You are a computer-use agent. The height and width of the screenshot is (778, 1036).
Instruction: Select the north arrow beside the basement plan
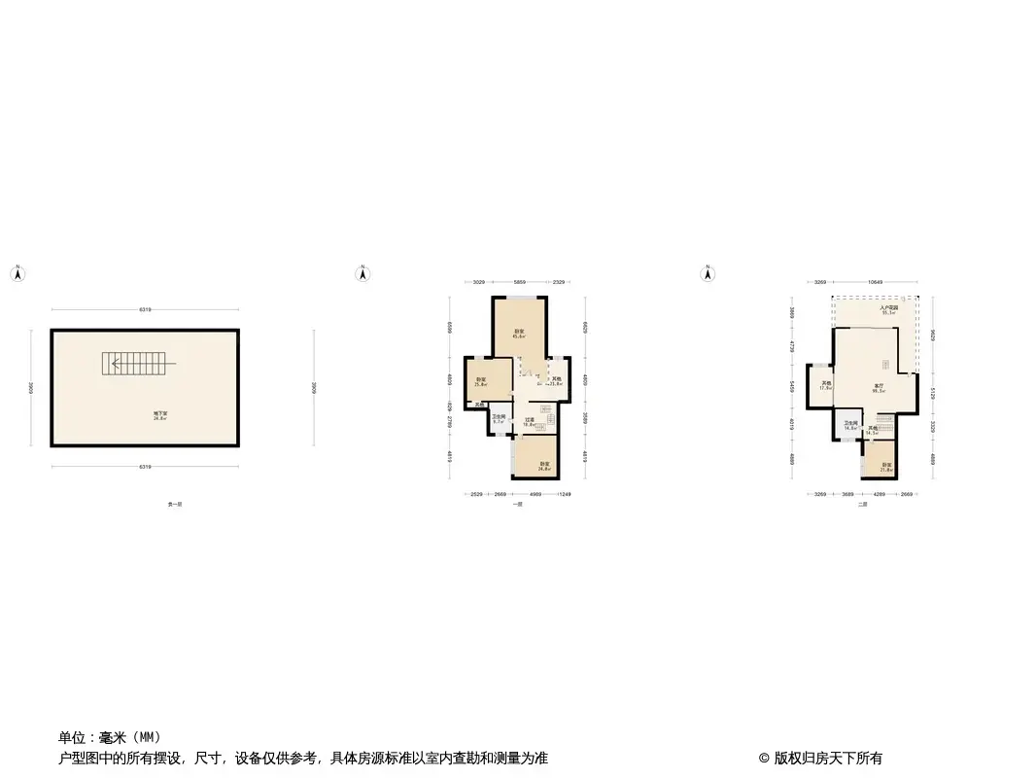point(17,274)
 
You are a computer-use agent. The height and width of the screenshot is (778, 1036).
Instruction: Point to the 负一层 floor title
point(176,505)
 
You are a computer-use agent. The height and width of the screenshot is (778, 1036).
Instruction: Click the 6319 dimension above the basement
point(145,310)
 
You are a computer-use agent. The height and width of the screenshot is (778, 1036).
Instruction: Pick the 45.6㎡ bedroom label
point(519,334)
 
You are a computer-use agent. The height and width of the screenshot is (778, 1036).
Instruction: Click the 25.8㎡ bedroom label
point(480,382)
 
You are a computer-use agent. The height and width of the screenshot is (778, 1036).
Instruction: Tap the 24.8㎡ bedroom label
point(544,466)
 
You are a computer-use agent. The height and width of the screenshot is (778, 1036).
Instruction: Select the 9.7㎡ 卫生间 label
point(499,420)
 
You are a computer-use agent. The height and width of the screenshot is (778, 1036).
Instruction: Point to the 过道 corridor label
point(530,422)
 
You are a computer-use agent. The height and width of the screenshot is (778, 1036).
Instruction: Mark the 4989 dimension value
point(535,494)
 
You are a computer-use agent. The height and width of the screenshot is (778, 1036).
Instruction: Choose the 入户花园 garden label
point(887,310)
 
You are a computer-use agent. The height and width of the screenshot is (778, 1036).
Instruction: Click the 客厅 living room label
point(878,388)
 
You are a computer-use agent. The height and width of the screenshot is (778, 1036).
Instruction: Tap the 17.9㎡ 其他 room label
point(826,385)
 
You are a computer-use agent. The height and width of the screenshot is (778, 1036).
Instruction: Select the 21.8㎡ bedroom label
point(886,467)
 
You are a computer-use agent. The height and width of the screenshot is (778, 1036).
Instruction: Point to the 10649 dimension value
point(875,282)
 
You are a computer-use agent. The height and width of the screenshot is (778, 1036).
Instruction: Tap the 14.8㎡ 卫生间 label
point(850,425)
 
